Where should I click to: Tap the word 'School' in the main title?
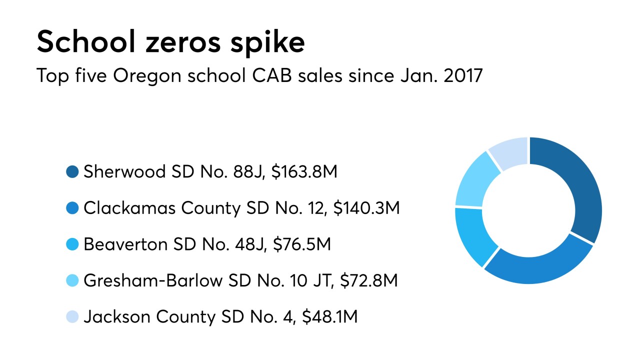pos(84,42)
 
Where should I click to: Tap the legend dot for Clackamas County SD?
pos(72,208)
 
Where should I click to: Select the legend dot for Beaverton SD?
pos(72,244)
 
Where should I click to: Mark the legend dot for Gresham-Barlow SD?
pos(72,280)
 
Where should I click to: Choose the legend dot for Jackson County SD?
pos(72,316)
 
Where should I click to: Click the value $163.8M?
pos(304,172)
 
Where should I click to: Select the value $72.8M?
pos(368,280)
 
